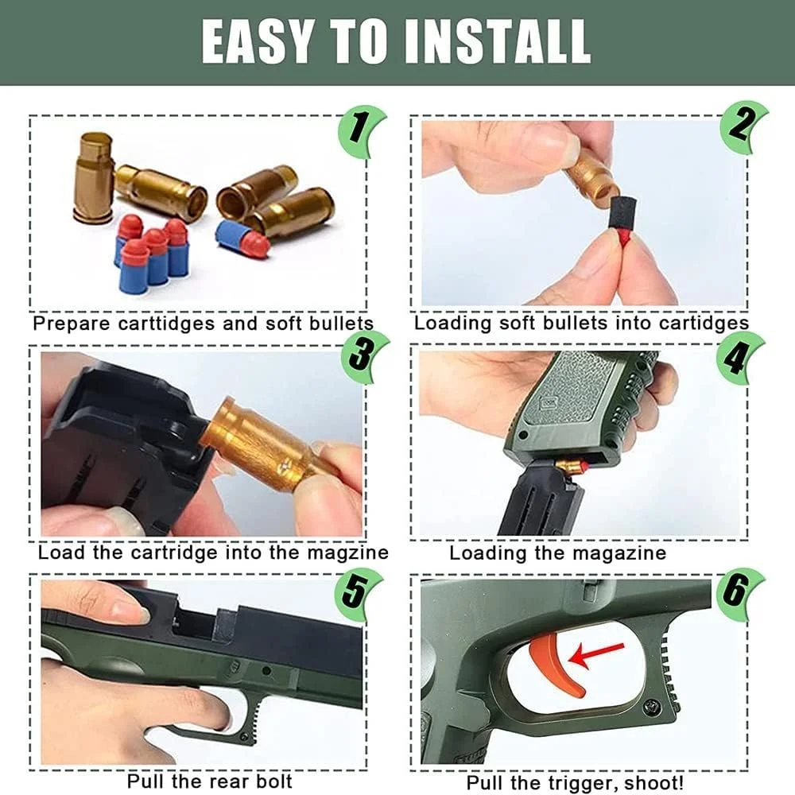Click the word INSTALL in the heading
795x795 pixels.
point(498,41)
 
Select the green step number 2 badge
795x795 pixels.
point(743,126)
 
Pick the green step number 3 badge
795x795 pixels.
point(363,356)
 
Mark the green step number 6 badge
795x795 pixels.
point(739,593)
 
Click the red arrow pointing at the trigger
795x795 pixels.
point(596,653)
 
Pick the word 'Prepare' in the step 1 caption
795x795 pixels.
point(72,324)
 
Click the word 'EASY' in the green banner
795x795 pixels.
point(256,41)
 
